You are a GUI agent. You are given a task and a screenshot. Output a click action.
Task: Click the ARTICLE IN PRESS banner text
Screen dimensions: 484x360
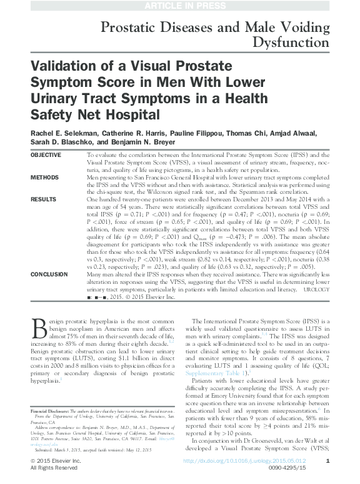click(x=179, y=6)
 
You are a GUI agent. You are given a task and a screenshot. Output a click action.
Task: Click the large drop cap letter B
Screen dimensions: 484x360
click(x=37, y=328)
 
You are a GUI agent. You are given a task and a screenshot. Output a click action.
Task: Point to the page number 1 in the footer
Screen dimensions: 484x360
click(x=328, y=461)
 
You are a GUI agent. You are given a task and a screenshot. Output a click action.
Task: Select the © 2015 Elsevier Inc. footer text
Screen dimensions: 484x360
click(x=56, y=461)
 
